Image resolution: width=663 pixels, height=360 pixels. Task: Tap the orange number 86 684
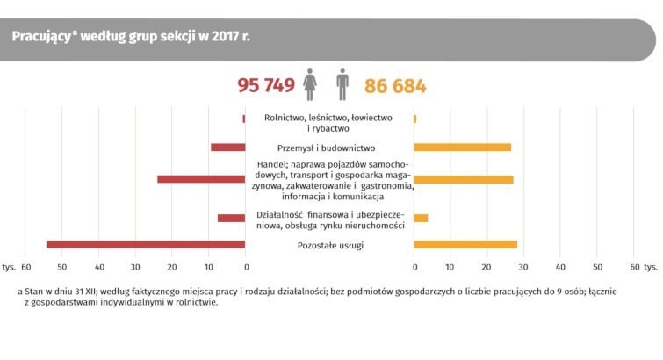pos(390,86)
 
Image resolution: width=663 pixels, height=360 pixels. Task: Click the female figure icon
pos(309,85)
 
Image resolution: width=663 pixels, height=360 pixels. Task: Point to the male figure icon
pos(342,85)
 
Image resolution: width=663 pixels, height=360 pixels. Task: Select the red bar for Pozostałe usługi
pos(146,244)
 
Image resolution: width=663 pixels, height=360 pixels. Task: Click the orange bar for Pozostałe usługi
pos(465,244)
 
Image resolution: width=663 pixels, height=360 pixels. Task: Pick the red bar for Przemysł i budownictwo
pos(228,147)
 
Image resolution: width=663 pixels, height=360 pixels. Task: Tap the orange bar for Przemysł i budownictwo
pos(462,147)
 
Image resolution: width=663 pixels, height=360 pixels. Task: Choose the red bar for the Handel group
pos(201,179)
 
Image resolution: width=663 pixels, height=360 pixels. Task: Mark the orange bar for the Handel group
pos(464,179)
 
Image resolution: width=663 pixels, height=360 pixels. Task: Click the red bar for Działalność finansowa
pos(232,218)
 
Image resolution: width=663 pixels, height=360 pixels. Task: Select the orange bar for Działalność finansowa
pos(421,218)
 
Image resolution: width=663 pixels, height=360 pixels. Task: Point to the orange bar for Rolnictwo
pos(415,119)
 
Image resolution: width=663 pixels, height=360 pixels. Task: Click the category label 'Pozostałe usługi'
pos(329,244)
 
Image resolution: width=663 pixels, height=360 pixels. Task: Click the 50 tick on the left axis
pos(62,265)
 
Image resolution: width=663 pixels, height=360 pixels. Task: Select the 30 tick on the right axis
pos(524,265)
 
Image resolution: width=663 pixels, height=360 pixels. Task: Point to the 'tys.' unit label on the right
pos(651,265)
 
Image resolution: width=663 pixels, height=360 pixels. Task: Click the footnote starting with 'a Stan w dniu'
pos(329,295)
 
